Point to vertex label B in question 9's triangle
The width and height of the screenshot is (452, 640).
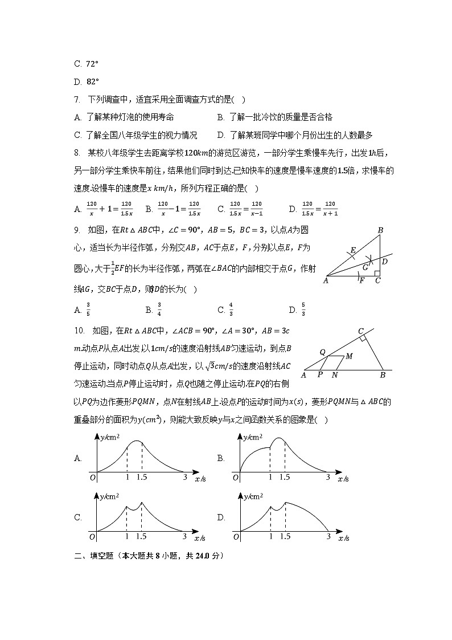(x=380, y=230)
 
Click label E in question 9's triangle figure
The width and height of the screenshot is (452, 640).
(x=353, y=250)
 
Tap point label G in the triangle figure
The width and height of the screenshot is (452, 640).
(x=365, y=267)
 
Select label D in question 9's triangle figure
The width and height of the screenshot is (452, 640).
(x=385, y=262)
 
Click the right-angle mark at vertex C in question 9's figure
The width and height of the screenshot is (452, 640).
(x=377, y=274)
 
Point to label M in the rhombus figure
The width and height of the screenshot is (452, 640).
(x=349, y=356)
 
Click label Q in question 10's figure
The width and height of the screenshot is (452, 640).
(x=322, y=352)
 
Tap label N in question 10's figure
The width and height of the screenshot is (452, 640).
(x=334, y=375)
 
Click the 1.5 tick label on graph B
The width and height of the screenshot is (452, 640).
(x=285, y=478)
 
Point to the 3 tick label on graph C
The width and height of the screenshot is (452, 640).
(x=184, y=536)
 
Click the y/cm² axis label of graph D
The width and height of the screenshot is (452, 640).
(x=253, y=496)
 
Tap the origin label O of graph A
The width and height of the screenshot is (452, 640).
(x=92, y=478)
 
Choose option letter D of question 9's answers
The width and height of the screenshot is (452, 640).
(x=293, y=310)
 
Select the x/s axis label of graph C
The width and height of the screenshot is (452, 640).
(x=199, y=537)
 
